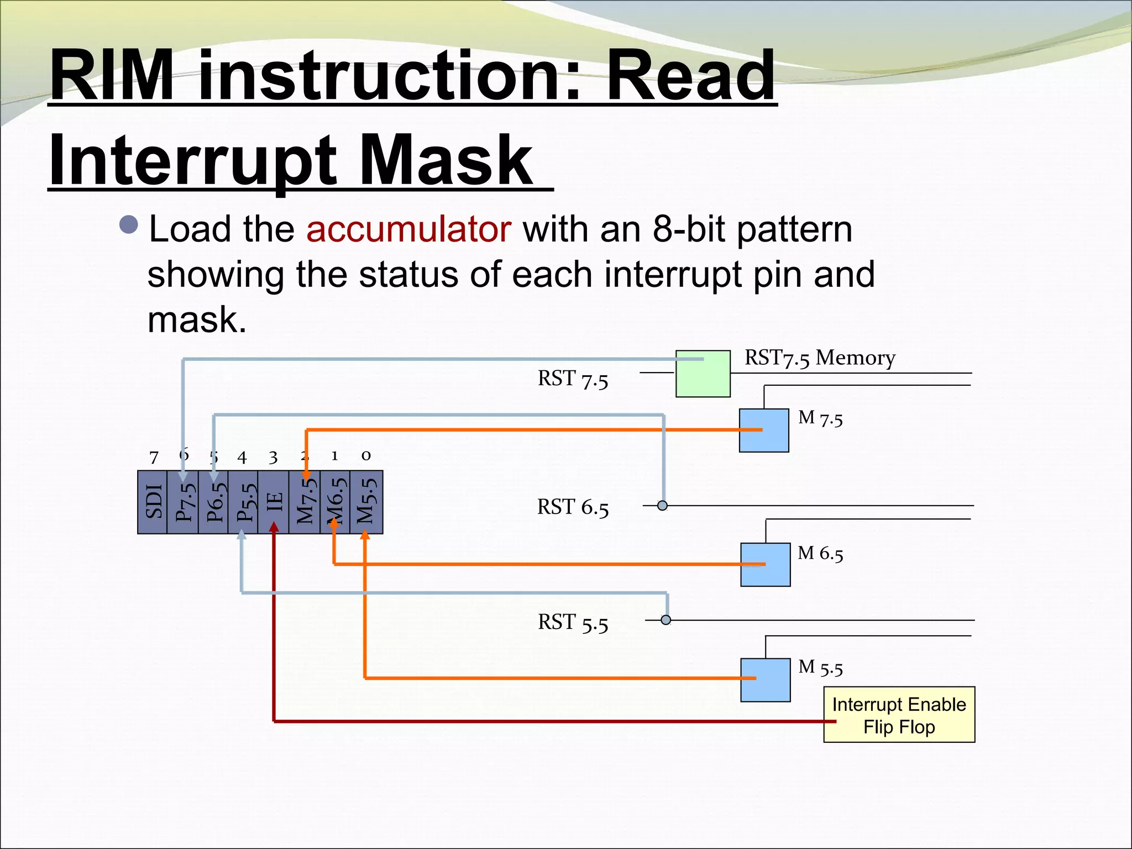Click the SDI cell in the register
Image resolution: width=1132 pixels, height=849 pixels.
(153, 502)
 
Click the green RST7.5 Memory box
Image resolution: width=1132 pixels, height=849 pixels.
(703, 374)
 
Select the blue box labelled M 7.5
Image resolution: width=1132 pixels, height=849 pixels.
(764, 431)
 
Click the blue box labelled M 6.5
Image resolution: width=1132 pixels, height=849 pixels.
(765, 564)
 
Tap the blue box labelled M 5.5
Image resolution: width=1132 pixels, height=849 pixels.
(765, 680)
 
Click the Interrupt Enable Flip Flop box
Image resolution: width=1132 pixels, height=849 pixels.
(899, 715)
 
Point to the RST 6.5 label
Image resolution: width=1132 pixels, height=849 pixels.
(573, 507)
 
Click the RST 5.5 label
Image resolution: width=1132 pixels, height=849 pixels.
(573, 622)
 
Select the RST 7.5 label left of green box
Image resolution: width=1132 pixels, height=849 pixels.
(573, 379)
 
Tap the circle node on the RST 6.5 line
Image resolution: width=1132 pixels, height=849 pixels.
(662, 505)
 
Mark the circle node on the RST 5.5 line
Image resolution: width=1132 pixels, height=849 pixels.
(666, 620)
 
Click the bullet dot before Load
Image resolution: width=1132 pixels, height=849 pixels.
(129, 225)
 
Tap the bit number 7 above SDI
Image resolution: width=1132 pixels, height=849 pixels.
(154, 457)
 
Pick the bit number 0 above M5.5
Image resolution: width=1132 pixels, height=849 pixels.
(366, 455)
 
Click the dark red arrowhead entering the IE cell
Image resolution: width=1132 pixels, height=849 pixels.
(274, 527)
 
